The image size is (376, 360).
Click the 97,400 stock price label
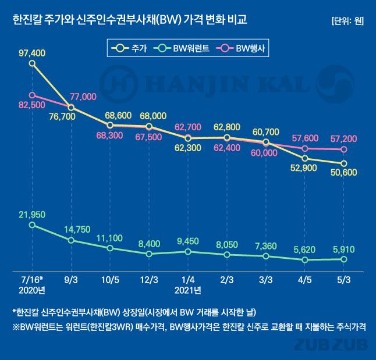click(x=32, y=53)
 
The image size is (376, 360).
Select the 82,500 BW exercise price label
click(x=32, y=105)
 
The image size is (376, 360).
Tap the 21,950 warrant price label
click(x=32, y=215)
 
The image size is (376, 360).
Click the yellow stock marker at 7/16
click(x=32, y=63)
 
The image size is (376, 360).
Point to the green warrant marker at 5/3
click(x=343, y=259)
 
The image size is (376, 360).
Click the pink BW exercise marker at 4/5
click(x=304, y=148)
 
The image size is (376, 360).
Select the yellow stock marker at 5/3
click(x=343, y=163)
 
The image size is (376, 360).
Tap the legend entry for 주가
click(x=132, y=47)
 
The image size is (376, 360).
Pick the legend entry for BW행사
click(x=239, y=47)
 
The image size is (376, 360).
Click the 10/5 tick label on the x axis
click(x=110, y=280)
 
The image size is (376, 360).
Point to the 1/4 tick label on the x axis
click(x=187, y=280)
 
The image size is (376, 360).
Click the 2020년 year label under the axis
click(x=32, y=290)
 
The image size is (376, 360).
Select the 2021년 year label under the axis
click(x=187, y=290)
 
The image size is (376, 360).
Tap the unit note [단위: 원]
click(x=347, y=21)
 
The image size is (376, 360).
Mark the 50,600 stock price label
click(x=343, y=173)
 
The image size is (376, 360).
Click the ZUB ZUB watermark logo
click(x=331, y=345)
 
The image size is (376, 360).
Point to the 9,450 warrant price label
click(x=187, y=241)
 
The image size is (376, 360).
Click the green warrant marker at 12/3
click(x=149, y=254)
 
